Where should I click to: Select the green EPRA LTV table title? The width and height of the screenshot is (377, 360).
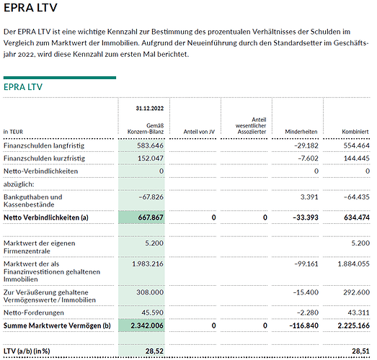[23, 87]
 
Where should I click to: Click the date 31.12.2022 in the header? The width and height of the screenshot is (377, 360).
[149, 107]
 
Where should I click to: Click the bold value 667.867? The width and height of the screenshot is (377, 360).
[149, 217]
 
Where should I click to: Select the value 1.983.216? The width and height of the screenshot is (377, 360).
[147, 264]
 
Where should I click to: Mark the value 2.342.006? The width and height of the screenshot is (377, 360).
[147, 325]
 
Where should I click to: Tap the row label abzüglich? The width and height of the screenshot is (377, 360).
[19, 184]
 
